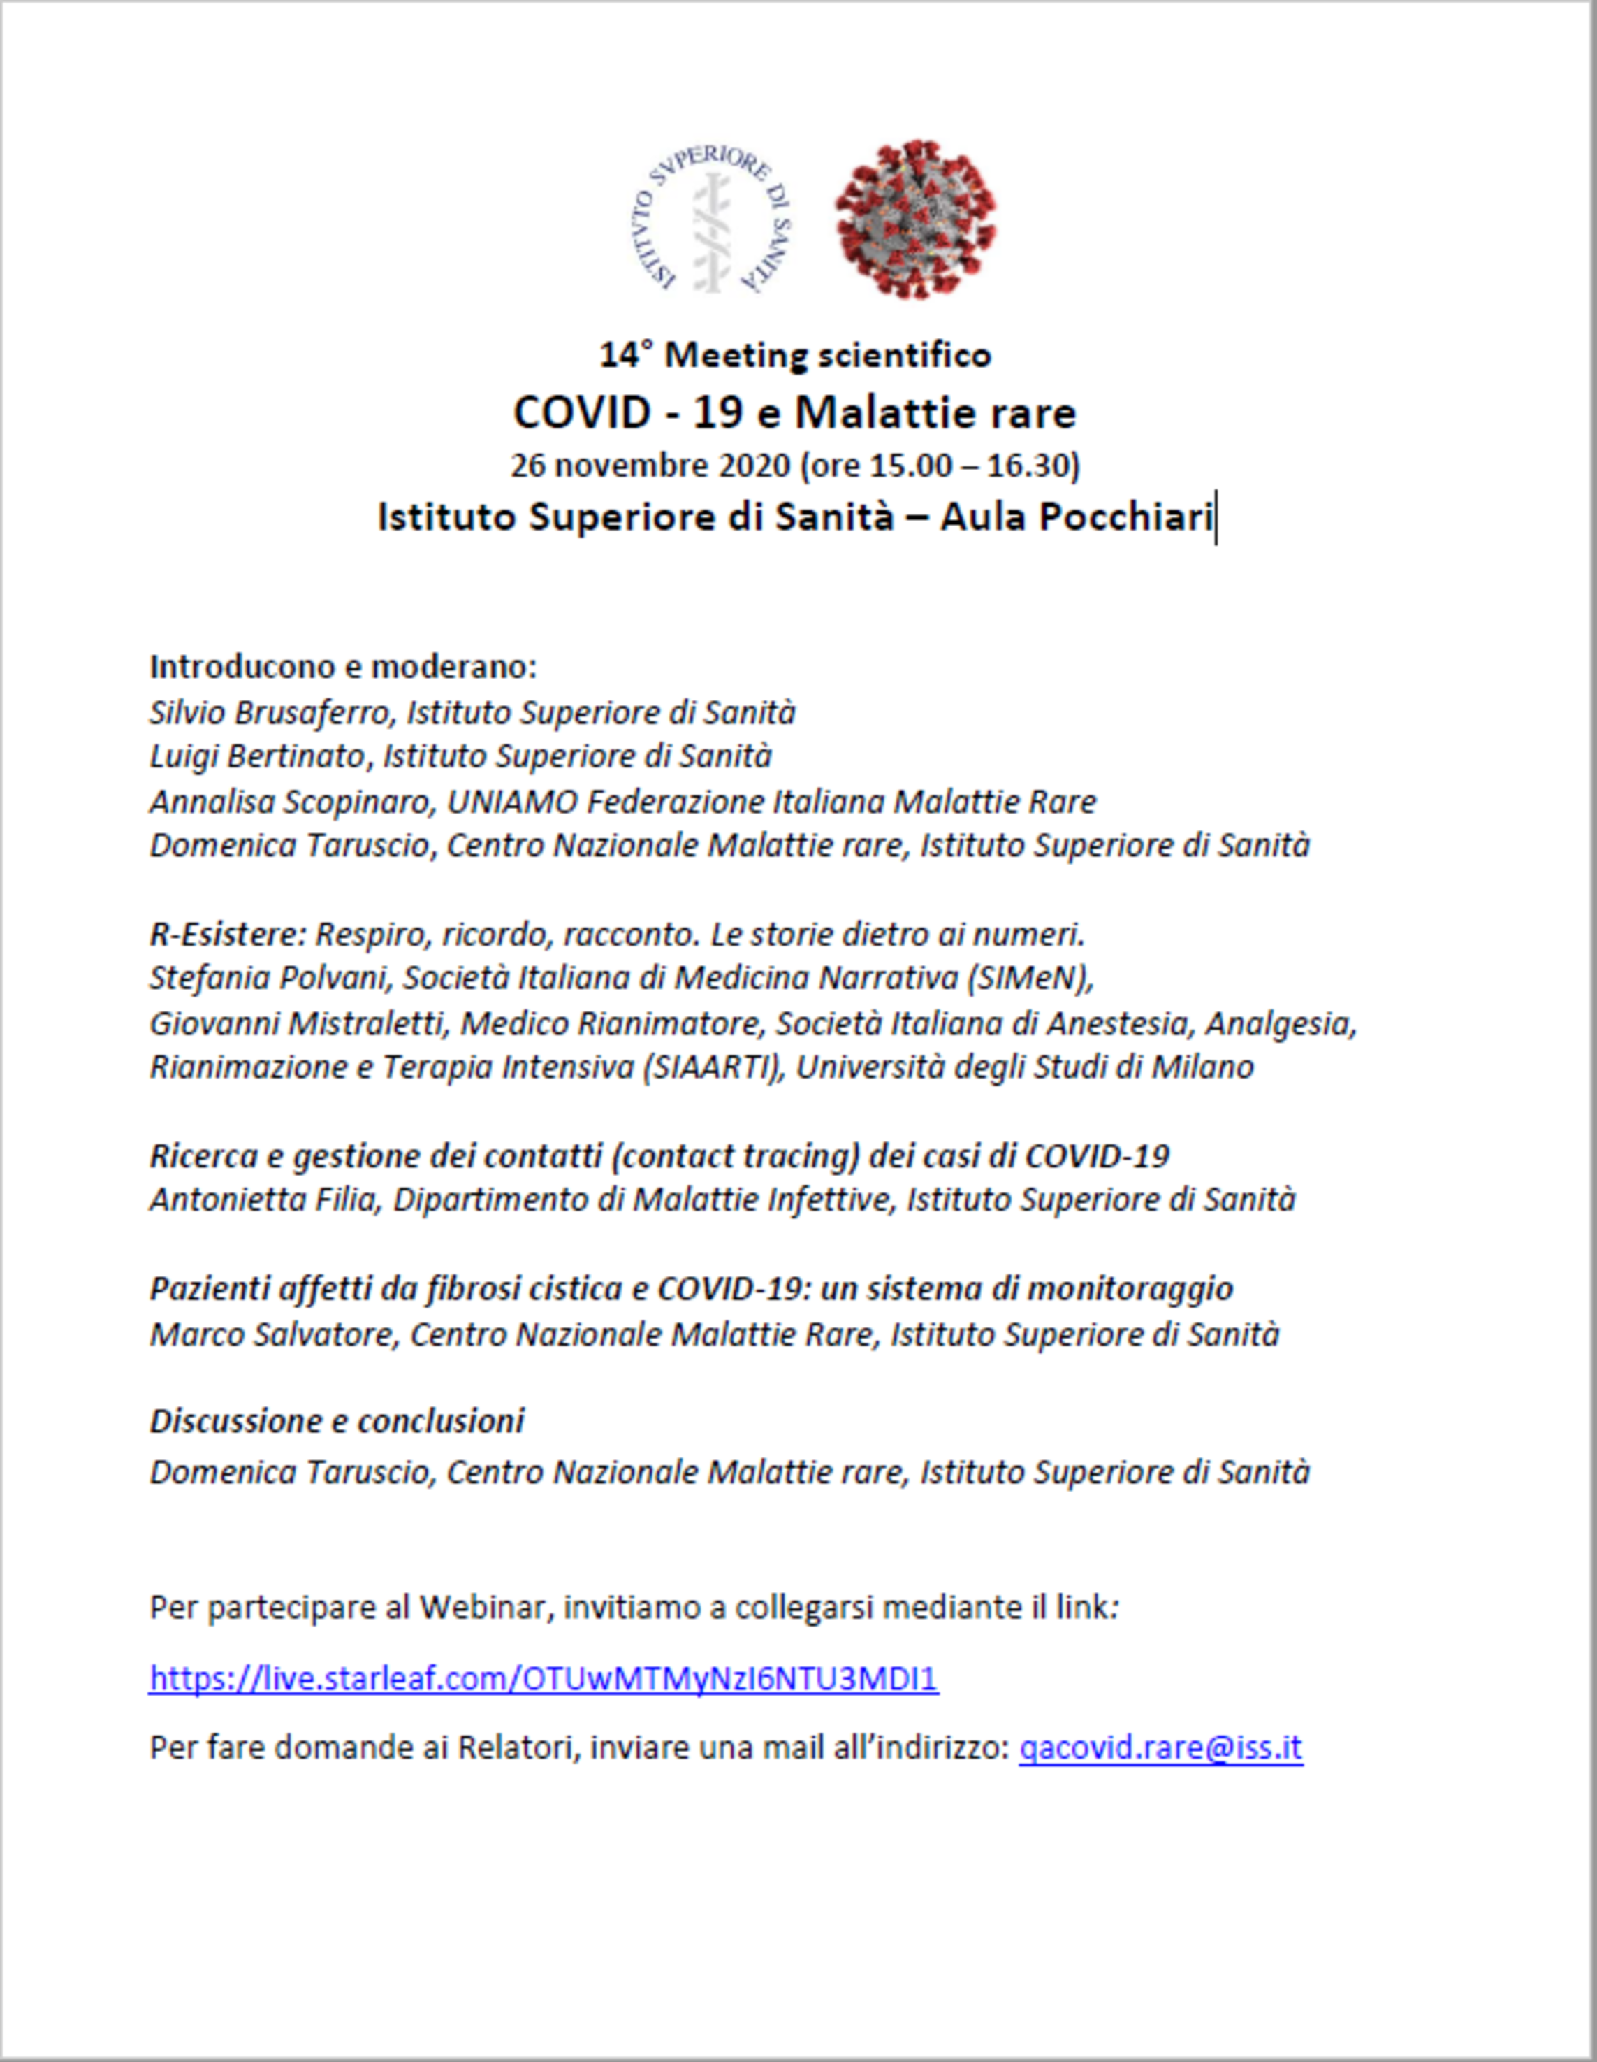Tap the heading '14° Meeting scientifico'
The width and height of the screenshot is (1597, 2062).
point(796,355)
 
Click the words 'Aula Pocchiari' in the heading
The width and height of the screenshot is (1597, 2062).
point(1075,517)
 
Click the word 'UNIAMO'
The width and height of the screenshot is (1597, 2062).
point(511,802)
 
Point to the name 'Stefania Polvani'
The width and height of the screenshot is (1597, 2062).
point(269,978)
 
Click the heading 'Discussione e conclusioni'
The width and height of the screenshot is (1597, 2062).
point(337,1421)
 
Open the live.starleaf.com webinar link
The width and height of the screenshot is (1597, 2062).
point(544,1678)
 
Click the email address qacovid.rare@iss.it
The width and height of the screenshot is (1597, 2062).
point(1160,1747)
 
